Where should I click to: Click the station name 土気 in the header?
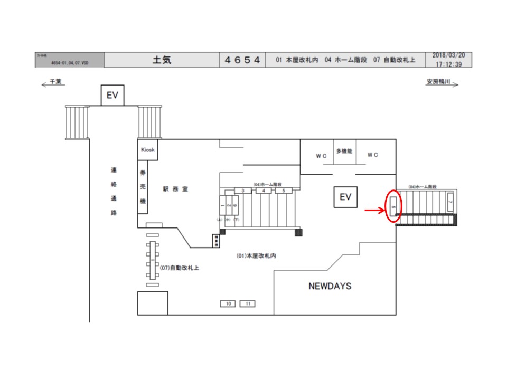click(162, 60)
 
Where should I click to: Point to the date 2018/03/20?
click(449, 55)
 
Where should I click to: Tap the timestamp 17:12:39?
click(449, 64)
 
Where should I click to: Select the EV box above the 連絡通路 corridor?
click(112, 96)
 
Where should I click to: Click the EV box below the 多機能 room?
click(345, 197)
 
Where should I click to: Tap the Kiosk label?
click(148, 150)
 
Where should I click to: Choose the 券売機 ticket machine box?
click(143, 187)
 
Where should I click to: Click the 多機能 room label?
click(344, 151)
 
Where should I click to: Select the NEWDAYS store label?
click(330, 287)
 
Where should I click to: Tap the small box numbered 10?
click(228, 303)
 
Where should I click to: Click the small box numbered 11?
click(247, 303)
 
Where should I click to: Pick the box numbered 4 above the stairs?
click(264, 191)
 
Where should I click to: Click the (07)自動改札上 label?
click(179, 268)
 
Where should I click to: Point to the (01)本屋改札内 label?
click(256, 255)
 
